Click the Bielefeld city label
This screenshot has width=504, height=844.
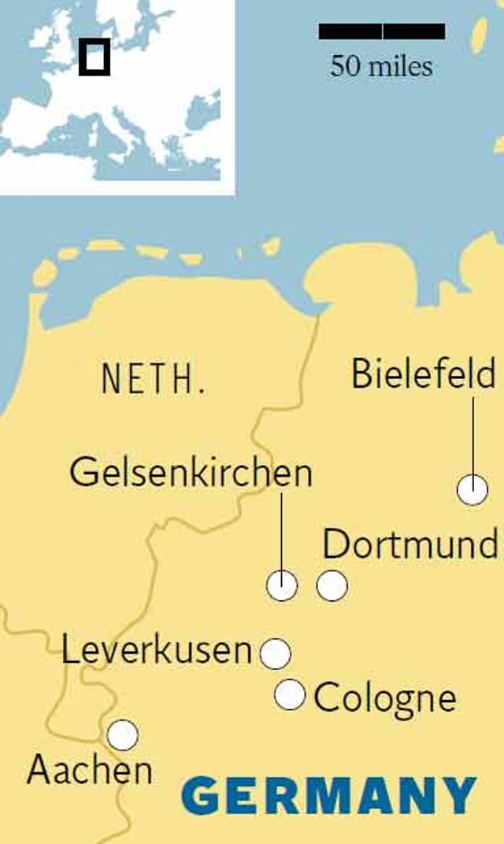(x=423, y=374)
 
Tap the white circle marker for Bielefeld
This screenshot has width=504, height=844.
(x=472, y=489)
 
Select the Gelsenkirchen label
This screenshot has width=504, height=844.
(x=191, y=474)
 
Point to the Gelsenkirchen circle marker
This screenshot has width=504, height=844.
(x=282, y=586)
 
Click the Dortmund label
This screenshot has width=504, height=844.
(x=409, y=544)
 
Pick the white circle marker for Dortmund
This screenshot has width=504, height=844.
(x=332, y=586)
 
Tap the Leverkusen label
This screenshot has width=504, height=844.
(x=157, y=651)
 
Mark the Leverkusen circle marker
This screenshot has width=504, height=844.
(x=275, y=654)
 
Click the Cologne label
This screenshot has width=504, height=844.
(x=384, y=698)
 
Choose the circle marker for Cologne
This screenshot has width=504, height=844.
(x=290, y=695)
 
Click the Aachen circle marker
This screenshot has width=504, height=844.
(x=123, y=735)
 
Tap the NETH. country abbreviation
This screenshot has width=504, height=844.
(x=154, y=379)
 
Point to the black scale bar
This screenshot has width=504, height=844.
(x=382, y=31)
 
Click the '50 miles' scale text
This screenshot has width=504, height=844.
(x=381, y=65)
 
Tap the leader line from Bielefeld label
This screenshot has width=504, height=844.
(x=473, y=436)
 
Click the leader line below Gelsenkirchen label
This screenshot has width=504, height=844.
(x=282, y=531)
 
